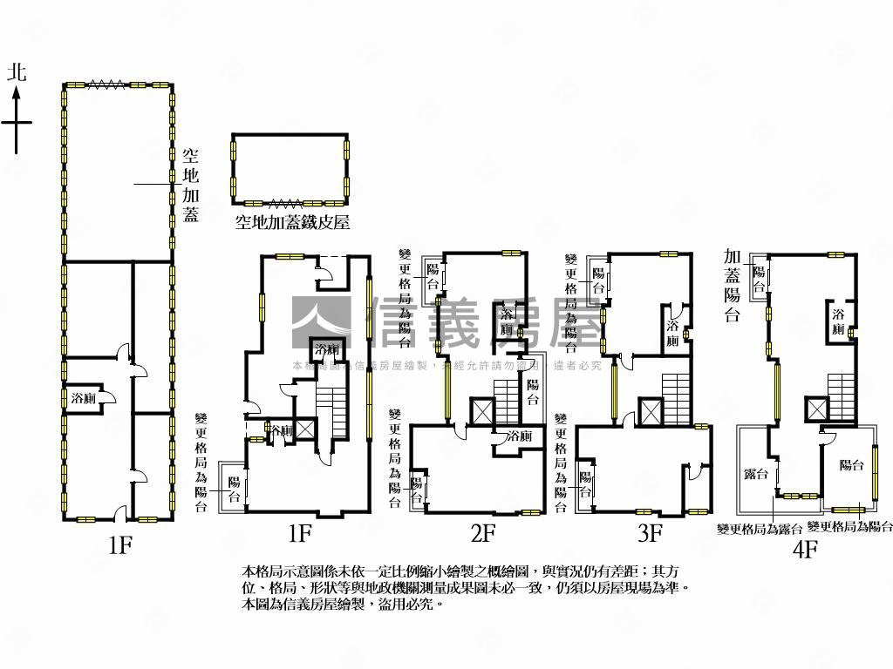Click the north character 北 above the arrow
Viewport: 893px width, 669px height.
coord(17,72)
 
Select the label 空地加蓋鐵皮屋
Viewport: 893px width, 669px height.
coord(292,222)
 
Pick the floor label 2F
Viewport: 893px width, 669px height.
coord(482,532)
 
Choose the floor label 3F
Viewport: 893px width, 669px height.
coord(650,532)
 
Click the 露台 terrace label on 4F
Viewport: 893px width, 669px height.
coord(755,473)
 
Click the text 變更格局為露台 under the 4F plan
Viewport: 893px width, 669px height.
coord(759,528)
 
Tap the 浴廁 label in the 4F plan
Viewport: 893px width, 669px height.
coord(838,321)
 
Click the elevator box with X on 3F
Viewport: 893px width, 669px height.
coord(651,410)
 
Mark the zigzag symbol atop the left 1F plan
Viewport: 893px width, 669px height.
coord(105,84)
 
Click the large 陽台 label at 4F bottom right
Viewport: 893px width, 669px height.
coord(851,465)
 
